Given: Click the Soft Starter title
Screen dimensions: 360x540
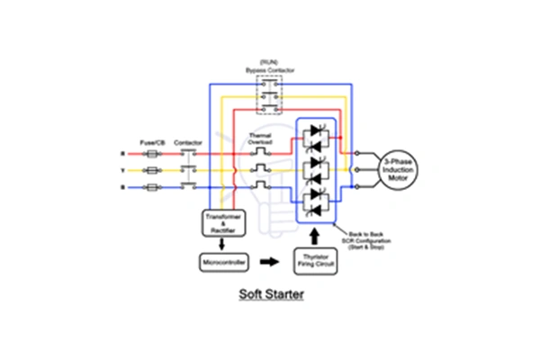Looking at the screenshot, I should click(270, 293).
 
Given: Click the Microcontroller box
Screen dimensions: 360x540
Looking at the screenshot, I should click(221, 263).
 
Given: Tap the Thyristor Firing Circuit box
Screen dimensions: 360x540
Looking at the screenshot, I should click(314, 263).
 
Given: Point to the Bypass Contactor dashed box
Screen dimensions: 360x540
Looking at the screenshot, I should click(269, 94).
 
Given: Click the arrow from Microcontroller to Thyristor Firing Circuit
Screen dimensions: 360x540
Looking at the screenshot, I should click(268, 263).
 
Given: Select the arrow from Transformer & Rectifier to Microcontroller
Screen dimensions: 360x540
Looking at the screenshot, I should click(222, 243).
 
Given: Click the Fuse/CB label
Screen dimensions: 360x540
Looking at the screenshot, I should click(150, 143).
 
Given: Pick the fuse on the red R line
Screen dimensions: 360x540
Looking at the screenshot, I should click(152, 153).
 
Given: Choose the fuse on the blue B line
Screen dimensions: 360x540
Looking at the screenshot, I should click(152, 187).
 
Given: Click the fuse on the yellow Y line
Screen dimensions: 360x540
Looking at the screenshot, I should click(152, 170).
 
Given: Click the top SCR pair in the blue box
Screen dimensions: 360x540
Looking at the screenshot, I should click(315, 135).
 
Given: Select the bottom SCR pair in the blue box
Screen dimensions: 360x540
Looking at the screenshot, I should click(315, 202).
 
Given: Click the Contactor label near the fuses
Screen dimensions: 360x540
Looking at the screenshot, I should click(188, 143).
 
